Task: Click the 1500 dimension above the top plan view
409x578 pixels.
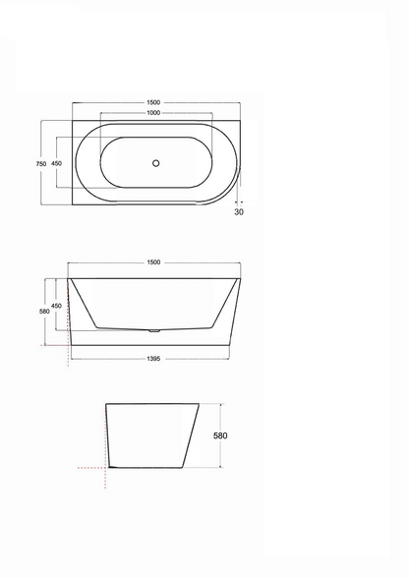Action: click(153, 102)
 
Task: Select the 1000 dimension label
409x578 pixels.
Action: click(153, 113)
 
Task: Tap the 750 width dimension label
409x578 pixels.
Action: click(41, 163)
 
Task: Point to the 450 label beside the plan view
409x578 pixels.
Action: click(56, 163)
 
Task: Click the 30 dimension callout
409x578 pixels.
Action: click(239, 212)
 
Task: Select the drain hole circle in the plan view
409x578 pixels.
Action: click(156, 163)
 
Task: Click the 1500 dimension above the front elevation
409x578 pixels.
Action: click(153, 262)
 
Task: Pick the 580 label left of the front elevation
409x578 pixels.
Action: click(44, 311)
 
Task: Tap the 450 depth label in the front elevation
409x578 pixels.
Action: click(56, 306)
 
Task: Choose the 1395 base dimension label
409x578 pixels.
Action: click(153, 359)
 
